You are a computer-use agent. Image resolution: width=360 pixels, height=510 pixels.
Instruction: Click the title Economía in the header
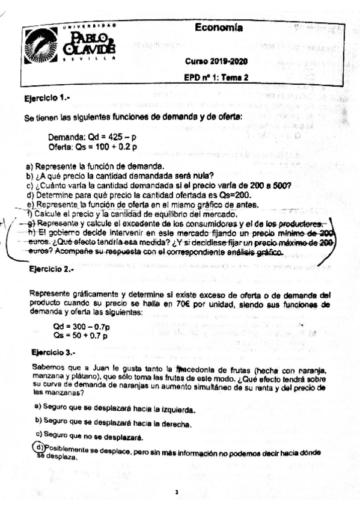(219, 28)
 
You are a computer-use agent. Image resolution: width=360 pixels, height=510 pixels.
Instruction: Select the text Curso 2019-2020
(221, 62)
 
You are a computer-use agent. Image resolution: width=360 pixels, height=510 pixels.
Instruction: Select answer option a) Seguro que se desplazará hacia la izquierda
(115, 409)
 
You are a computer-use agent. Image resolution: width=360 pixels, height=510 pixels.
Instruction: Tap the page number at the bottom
(177, 492)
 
